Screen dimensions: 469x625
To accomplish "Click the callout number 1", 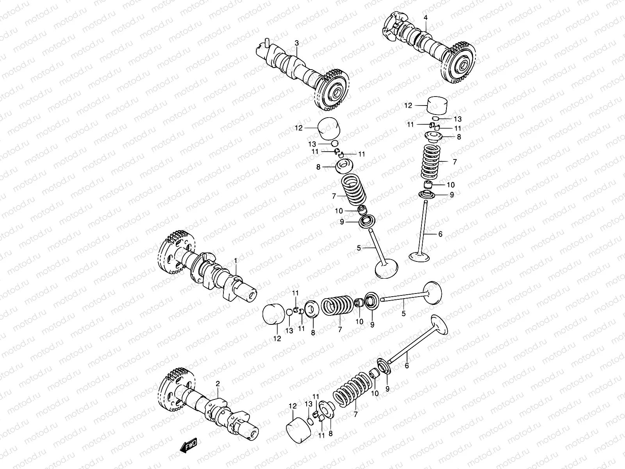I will coord(236,260).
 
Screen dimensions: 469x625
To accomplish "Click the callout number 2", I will coord(218,385).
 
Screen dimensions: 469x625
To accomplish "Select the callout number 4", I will coord(425,18).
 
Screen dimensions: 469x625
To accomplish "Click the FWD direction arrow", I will coord(189,446).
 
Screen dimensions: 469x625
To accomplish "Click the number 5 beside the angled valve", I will coord(359,247).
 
